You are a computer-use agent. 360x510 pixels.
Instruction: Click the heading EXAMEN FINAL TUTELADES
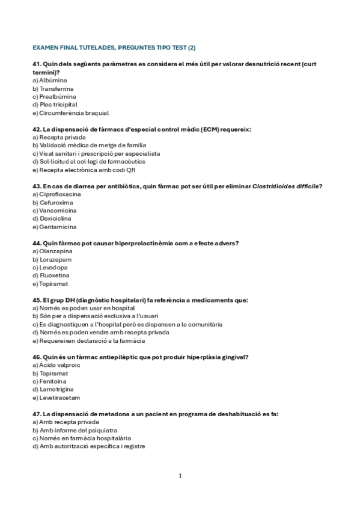(114, 47)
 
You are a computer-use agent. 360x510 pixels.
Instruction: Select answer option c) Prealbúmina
(54, 96)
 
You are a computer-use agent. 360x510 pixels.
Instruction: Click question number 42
(36, 129)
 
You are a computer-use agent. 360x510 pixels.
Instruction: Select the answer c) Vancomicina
(55, 210)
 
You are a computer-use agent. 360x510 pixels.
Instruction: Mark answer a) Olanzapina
(53, 251)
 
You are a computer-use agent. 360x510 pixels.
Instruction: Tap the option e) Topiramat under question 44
(52, 283)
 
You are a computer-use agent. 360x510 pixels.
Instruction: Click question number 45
(36, 300)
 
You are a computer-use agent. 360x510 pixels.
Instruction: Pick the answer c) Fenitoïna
(50, 381)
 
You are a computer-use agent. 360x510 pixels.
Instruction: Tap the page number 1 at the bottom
(180, 476)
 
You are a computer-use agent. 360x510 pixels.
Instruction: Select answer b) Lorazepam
(52, 259)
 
